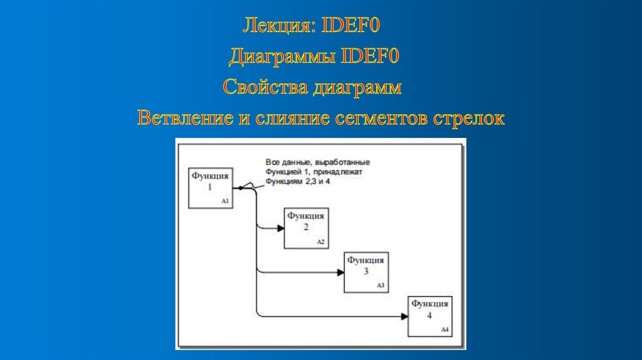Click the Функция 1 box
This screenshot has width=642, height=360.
[x=211, y=187]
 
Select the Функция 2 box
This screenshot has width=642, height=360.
[x=306, y=227]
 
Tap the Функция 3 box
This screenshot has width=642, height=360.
[x=366, y=272]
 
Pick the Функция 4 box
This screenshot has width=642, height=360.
[x=429, y=315]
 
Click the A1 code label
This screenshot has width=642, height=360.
[x=225, y=201]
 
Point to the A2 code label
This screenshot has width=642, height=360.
[x=320, y=242]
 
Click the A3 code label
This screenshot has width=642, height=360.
[x=380, y=286]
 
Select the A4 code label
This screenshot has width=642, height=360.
[x=445, y=330]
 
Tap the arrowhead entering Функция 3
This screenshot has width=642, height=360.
[x=340, y=272]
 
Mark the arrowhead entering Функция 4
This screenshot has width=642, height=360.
[x=404, y=316]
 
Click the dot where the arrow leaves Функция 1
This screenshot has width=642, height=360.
[x=240, y=188]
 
